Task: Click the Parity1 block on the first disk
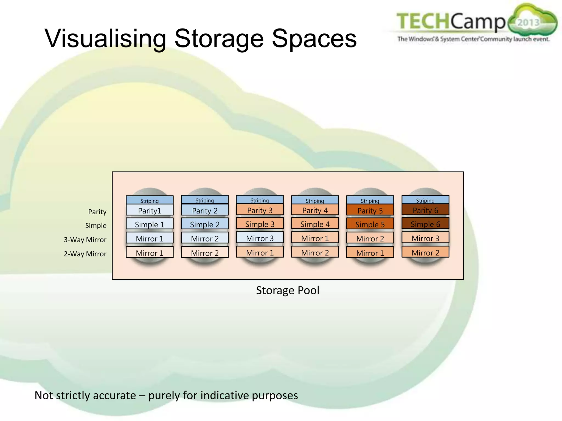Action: (x=150, y=210)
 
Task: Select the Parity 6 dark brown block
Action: (x=425, y=210)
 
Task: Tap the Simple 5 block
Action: (x=370, y=224)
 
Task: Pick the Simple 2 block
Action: (x=205, y=224)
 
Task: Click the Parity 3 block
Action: (x=260, y=210)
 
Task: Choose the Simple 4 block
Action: (x=315, y=224)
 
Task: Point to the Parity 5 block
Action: (x=370, y=210)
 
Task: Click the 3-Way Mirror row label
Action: (x=85, y=240)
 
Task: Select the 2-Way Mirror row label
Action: (x=85, y=254)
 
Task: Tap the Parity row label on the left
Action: (x=97, y=212)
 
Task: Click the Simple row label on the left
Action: (x=96, y=226)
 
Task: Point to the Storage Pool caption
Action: (x=288, y=290)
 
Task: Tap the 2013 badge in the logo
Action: (x=528, y=22)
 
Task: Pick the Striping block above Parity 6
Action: (x=425, y=200)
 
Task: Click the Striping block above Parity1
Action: (x=150, y=200)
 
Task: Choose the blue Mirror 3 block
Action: (x=260, y=238)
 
